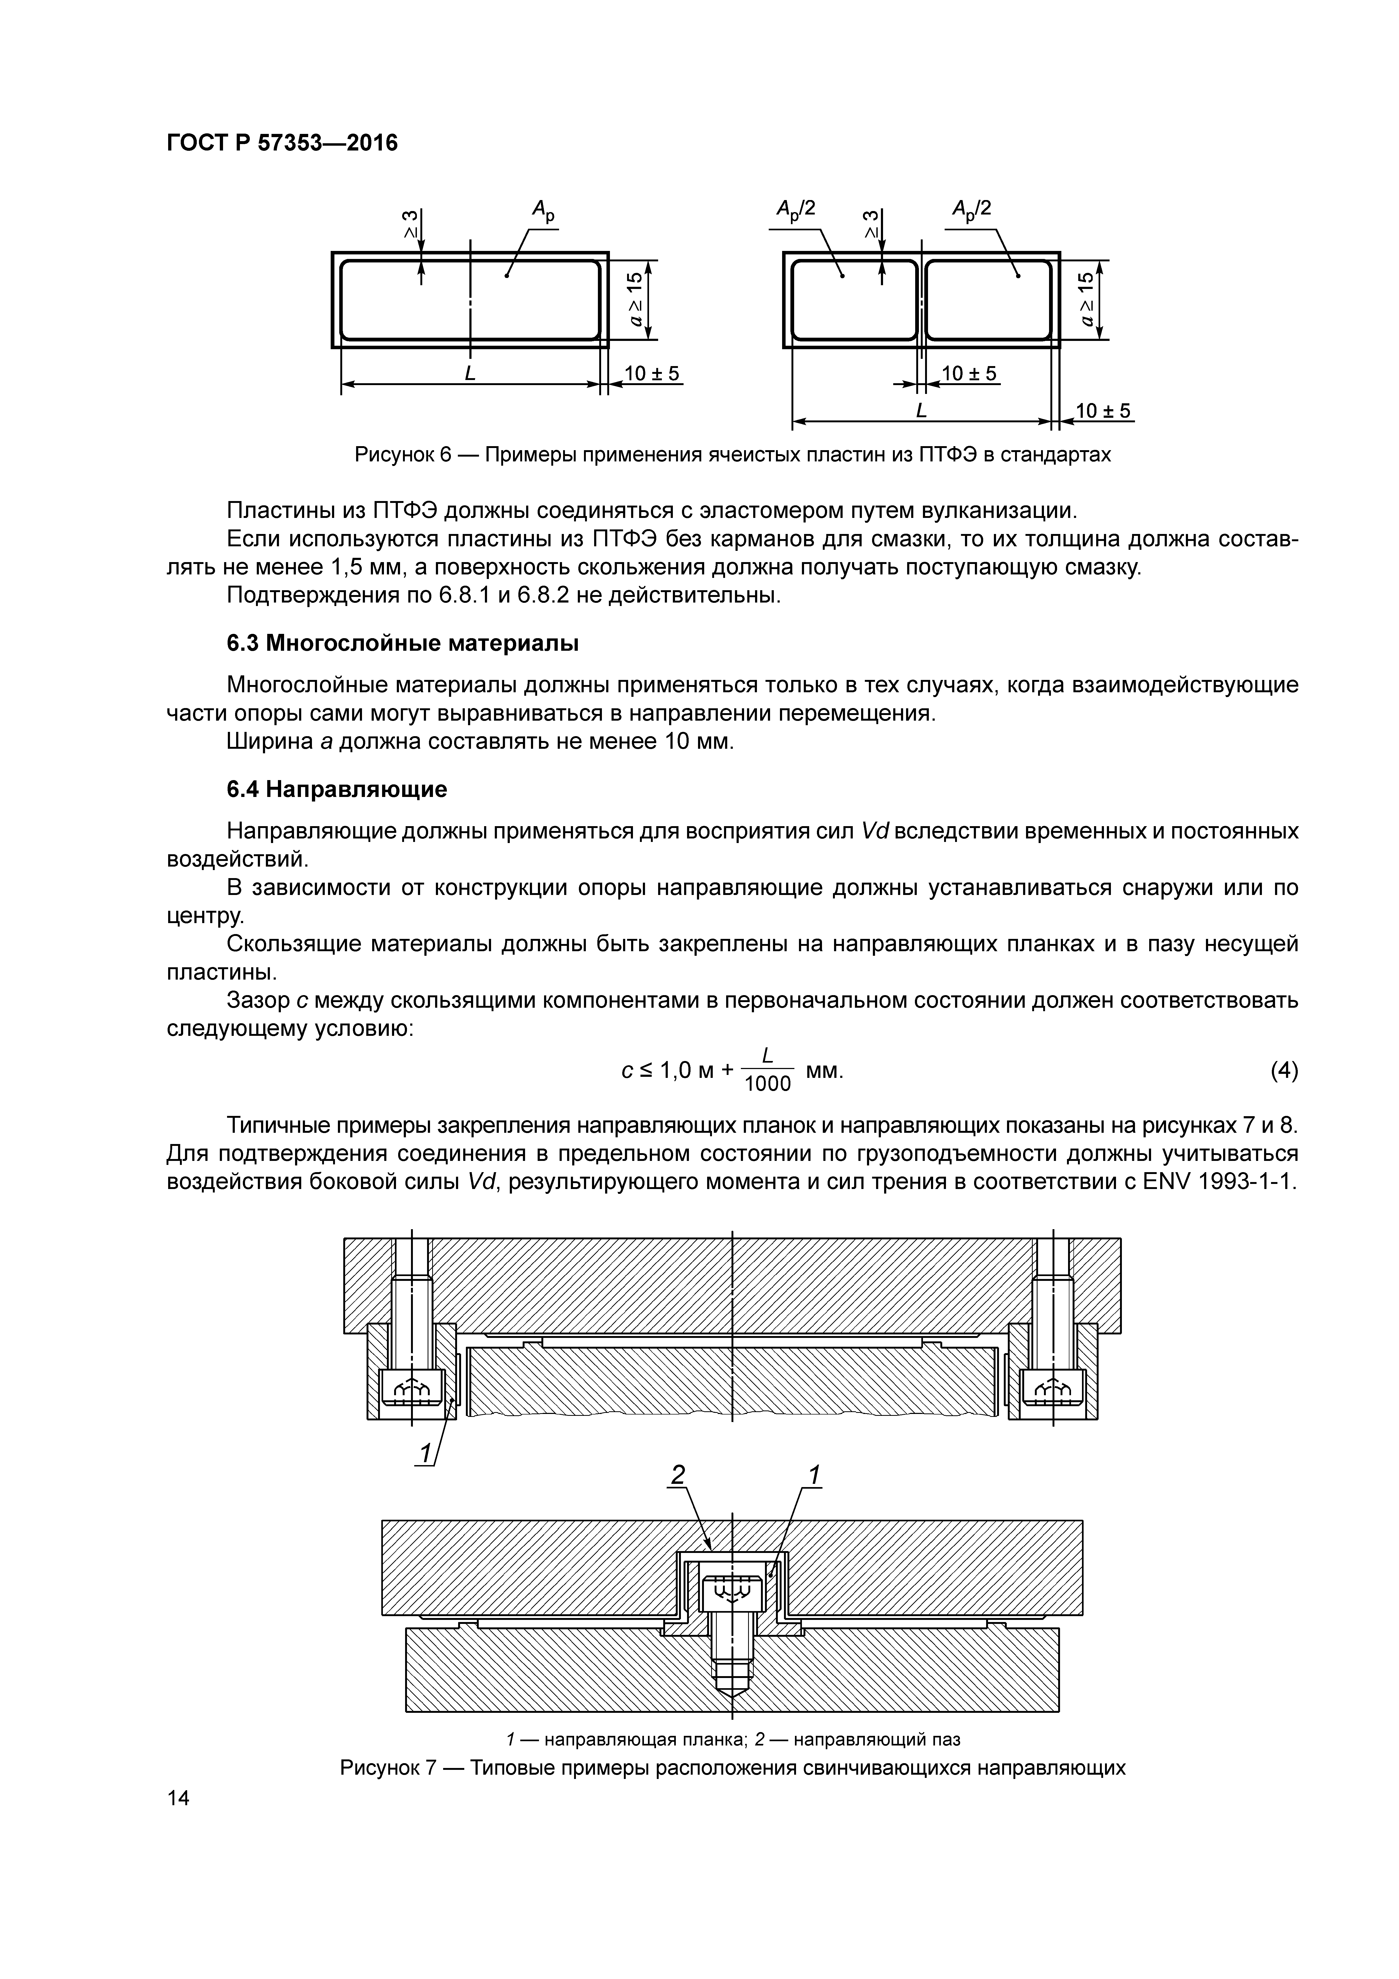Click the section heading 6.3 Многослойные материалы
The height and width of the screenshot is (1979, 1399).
pyautogui.click(x=402, y=644)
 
